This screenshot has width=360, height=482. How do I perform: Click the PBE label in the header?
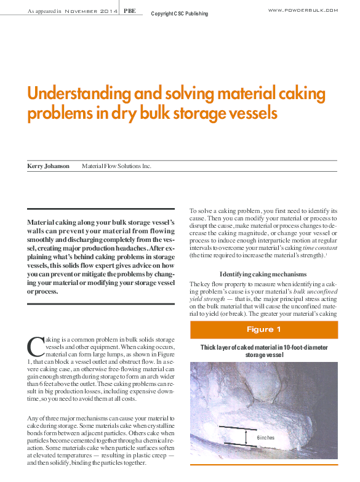point(130,10)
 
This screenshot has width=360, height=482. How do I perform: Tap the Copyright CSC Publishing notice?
point(179,14)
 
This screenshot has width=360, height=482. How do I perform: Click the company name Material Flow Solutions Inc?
point(116,166)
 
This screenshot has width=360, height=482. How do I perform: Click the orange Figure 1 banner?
point(263,329)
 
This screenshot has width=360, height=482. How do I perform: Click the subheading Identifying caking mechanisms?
point(263,273)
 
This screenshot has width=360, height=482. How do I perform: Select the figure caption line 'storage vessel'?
point(263,355)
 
